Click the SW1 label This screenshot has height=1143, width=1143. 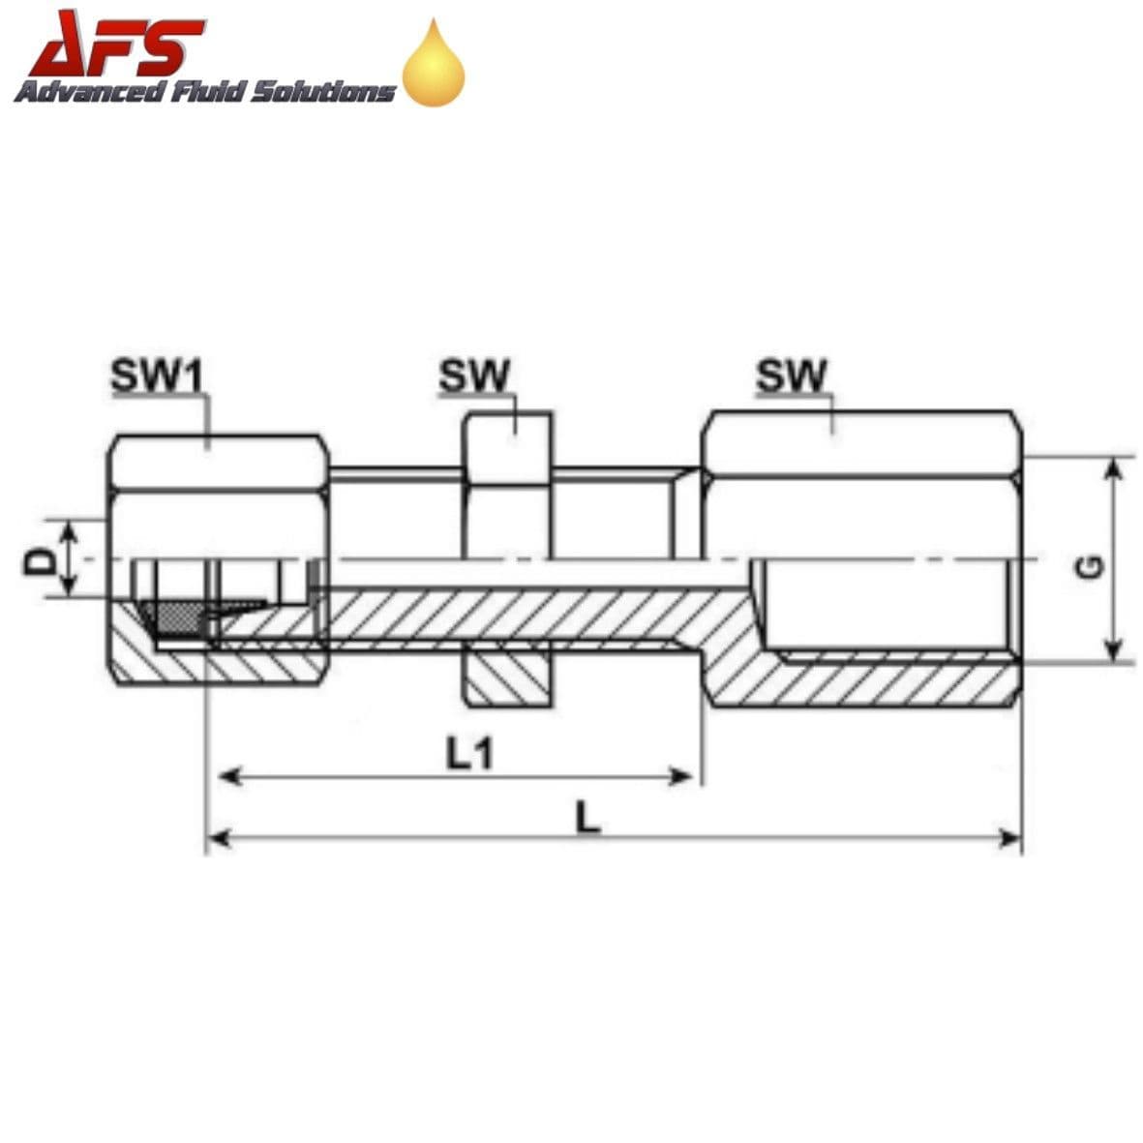point(157,376)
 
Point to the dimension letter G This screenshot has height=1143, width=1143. point(1089,568)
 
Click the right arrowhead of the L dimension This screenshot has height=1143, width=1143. point(1010,837)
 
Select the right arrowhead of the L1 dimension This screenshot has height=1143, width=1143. point(683,775)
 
